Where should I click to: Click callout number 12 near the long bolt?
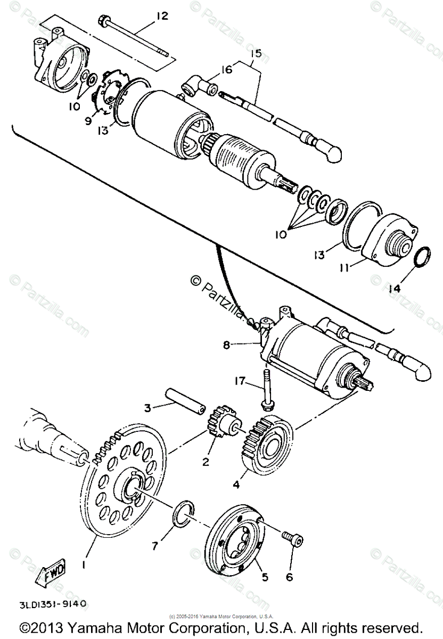tap(161, 16)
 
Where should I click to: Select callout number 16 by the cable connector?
tap(227, 70)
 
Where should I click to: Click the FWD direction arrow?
tap(51, 575)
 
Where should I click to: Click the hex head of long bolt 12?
tap(102, 21)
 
